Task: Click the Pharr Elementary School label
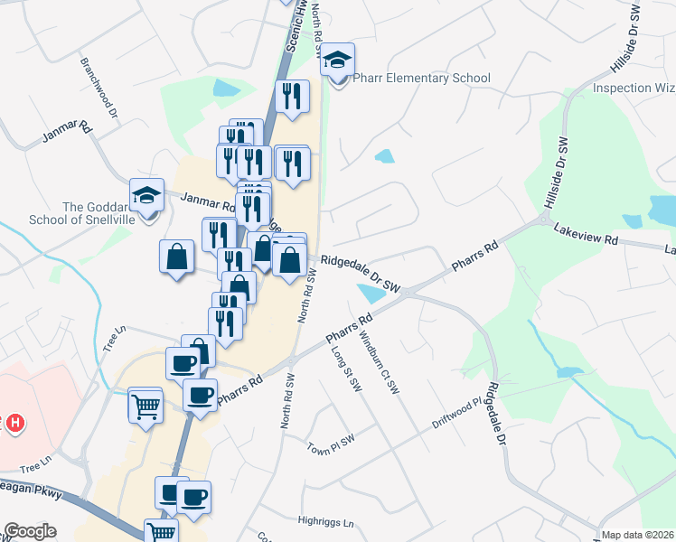coord(421,79)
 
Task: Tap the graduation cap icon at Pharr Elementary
coord(338,61)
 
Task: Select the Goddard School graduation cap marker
coord(146,194)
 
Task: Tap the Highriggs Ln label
coord(326,521)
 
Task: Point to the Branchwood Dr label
coord(99,88)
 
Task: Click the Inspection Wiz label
coord(634,89)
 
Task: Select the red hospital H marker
coord(14,423)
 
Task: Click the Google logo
coord(30,531)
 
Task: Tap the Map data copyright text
coord(638,535)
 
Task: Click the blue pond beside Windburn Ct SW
coord(371,293)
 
